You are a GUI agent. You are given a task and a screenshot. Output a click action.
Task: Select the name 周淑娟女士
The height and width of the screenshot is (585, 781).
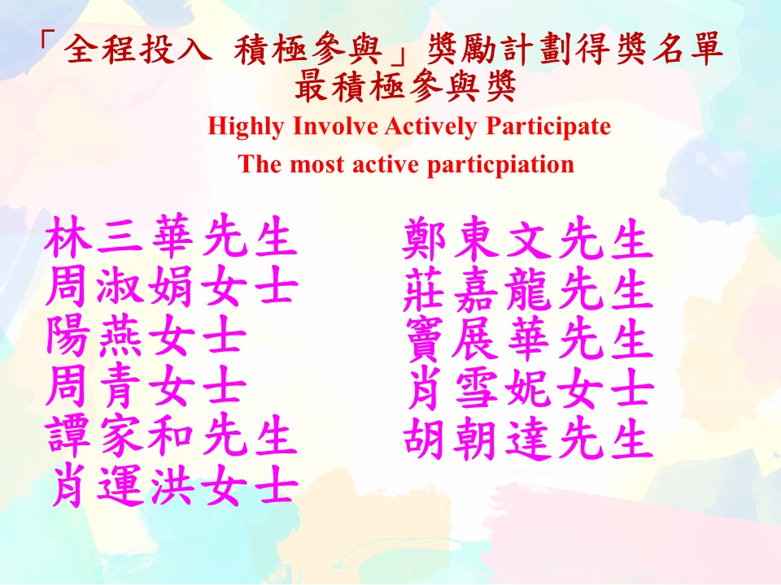pyautogui.click(x=172, y=286)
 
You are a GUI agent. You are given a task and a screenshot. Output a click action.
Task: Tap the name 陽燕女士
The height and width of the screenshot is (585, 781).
pyautogui.click(x=146, y=336)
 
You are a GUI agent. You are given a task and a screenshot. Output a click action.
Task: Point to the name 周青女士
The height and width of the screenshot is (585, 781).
pyautogui.click(x=146, y=385)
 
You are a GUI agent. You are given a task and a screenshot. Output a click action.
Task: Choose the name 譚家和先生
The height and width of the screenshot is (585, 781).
pyautogui.click(x=172, y=435)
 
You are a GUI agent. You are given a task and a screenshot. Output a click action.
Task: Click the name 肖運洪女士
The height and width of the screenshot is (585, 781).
pyautogui.click(x=174, y=484)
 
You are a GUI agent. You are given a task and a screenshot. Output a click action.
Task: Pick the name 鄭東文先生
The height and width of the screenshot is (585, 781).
pyautogui.click(x=528, y=239)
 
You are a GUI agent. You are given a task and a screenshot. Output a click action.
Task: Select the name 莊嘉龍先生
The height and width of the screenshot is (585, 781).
pyautogui.click(x=528, y=288)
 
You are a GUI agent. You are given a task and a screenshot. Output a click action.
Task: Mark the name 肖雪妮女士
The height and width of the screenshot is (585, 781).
pyautogui.click(x=530, y=389)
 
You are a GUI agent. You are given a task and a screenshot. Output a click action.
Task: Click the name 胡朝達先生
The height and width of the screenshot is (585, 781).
pyautogui.click(x=528, y=439)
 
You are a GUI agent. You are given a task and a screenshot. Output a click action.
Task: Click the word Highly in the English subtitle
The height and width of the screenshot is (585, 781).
pyautogui.click(x=246, y=127)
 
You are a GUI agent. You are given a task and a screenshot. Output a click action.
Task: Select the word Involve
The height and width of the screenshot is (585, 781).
pyautogui.click(x=335, y=125)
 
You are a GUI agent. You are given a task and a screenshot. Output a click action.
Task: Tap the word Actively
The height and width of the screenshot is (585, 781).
pyautogui.click(x=431, y=127)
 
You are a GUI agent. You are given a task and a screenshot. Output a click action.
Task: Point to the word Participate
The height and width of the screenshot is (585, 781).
pyautogui.click(x=548, y=127)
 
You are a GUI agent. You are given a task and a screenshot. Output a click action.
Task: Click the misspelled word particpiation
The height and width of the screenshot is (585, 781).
pyautogui.click(x=500, y=165)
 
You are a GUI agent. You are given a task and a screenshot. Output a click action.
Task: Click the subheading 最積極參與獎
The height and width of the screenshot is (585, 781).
pyautogui.click(x=405, y=87)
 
